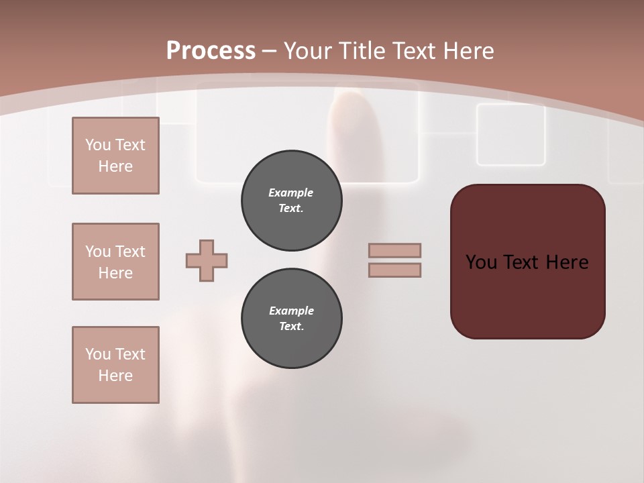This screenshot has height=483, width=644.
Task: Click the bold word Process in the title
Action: point(211,51)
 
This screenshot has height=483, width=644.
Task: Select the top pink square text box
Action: point(115,156)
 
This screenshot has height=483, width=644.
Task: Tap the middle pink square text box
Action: point(115,262)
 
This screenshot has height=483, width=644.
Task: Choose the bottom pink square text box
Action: point(115,365)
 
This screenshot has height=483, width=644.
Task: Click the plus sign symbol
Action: point(207,260)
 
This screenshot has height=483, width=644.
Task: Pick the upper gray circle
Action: point(291,200)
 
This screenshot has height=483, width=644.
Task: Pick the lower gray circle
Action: point(291,318)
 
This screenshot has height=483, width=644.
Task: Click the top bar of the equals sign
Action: point(394,250)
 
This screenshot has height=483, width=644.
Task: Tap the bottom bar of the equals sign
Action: point(394,270)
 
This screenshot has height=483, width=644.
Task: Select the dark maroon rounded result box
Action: point(527,262)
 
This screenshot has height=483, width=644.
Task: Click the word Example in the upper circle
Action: point(291,193)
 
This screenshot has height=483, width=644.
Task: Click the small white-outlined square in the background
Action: point(511,134)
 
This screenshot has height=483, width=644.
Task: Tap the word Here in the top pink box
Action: point(115,166)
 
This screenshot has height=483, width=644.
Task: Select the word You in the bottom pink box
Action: point(98,354)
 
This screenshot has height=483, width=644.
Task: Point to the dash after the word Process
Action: point(270,51)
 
